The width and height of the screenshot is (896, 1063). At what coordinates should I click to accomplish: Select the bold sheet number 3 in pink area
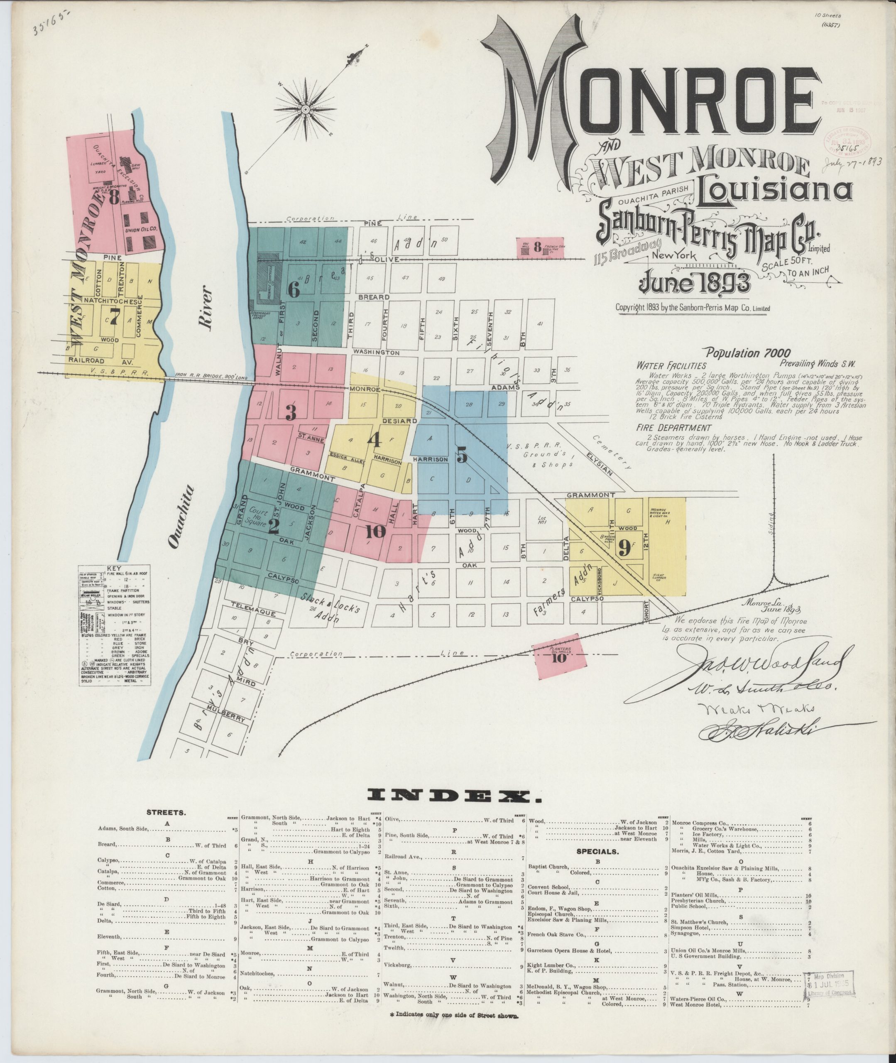coord(290,412)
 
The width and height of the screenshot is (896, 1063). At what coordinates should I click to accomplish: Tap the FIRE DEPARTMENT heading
coord(673,428)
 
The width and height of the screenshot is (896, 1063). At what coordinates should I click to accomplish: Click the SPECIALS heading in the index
coord(596,851)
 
